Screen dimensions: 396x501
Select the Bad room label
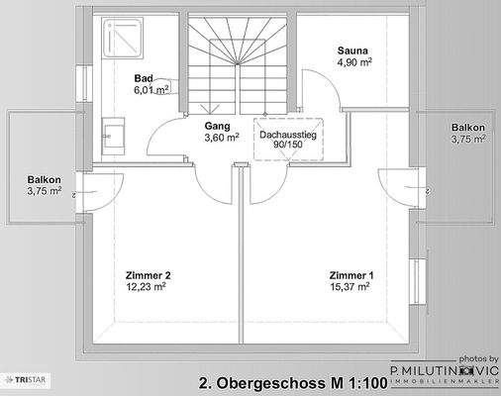coord(144,76)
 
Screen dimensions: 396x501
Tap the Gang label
coord(217,126)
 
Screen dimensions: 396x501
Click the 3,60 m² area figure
coord(222,138)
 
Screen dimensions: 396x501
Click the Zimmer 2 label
coord(149,274)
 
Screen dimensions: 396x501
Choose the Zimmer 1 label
coord(353,274)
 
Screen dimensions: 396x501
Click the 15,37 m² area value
coord(353,286)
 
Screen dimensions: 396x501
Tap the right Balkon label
coord(468,128)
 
